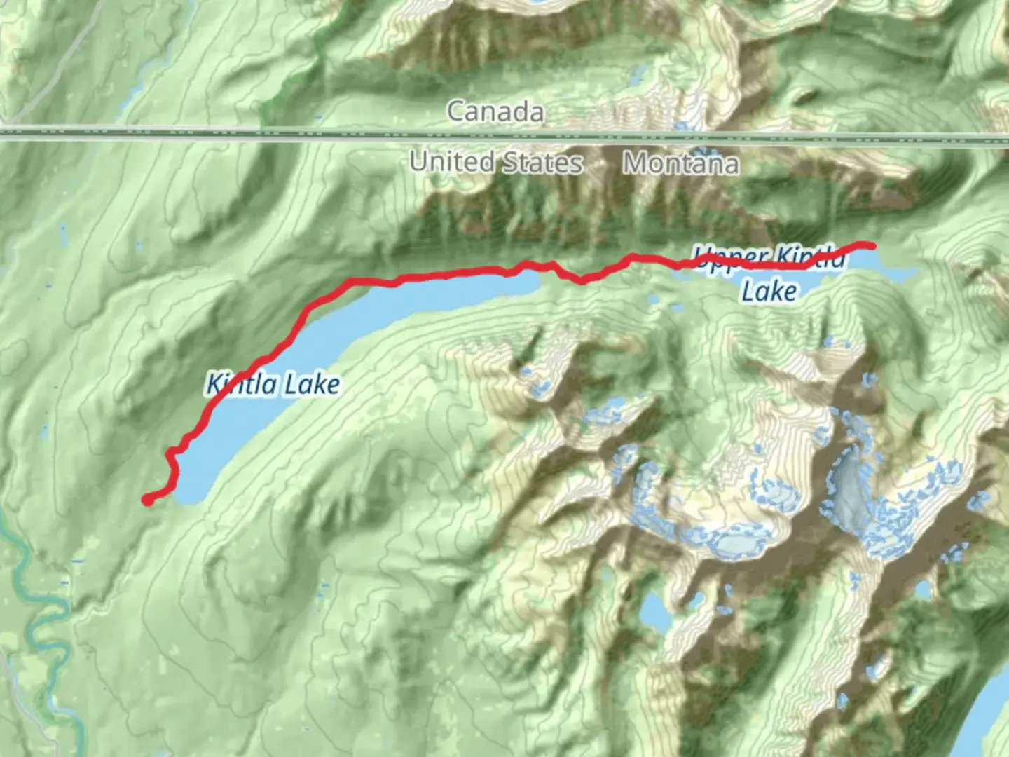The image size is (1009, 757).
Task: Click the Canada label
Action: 495,111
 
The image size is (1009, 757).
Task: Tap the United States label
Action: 495,162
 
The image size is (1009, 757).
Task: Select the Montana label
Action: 680,163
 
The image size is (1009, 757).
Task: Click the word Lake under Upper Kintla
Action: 769,291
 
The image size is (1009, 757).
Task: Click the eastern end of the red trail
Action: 872,245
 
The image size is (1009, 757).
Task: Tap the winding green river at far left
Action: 28,582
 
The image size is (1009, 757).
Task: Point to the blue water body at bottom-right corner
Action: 991,708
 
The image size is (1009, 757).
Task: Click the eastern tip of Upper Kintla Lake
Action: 911,273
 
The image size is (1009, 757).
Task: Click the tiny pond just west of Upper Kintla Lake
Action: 653,299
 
